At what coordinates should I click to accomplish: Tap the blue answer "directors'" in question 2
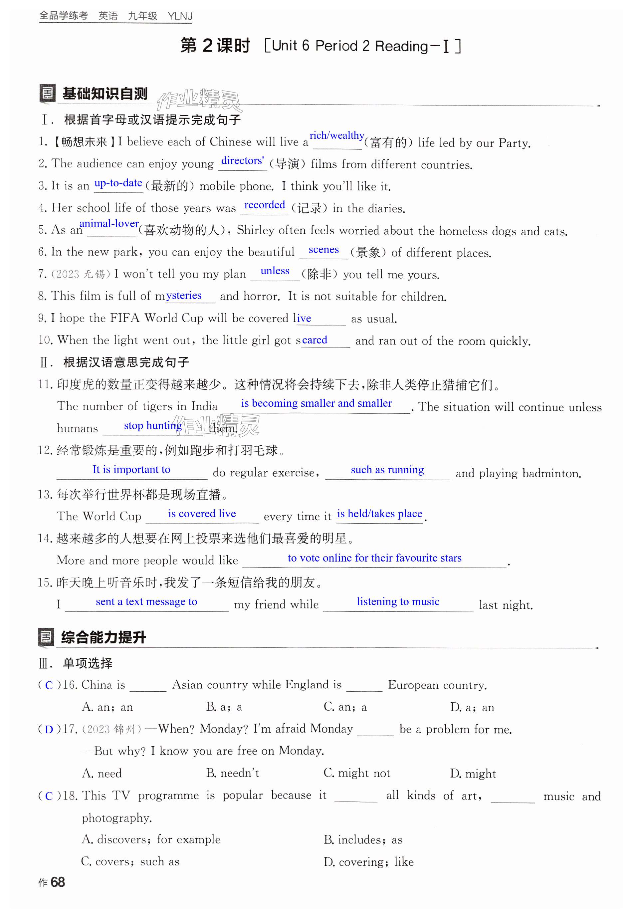(242, 161)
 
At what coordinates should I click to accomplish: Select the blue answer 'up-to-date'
(118, 183)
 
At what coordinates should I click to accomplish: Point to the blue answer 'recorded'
(265, 205)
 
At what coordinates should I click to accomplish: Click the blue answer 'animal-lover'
(109, 223)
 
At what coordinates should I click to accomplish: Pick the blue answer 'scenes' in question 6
(323, 250)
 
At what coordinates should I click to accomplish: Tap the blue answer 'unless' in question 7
(275, 271)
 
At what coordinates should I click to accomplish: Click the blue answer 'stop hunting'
(153, 425)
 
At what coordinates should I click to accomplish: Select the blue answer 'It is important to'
(131, 469)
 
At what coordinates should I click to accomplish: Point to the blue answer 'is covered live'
(202, 514)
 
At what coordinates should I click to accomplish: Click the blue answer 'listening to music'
(398, 601)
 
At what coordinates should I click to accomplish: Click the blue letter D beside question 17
(49, 730)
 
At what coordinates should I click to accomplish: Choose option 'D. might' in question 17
(473, 774)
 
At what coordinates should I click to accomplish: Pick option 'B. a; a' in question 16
(224, 707)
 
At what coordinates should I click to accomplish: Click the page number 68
(58, 882)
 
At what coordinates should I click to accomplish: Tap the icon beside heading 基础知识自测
(47, 94)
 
